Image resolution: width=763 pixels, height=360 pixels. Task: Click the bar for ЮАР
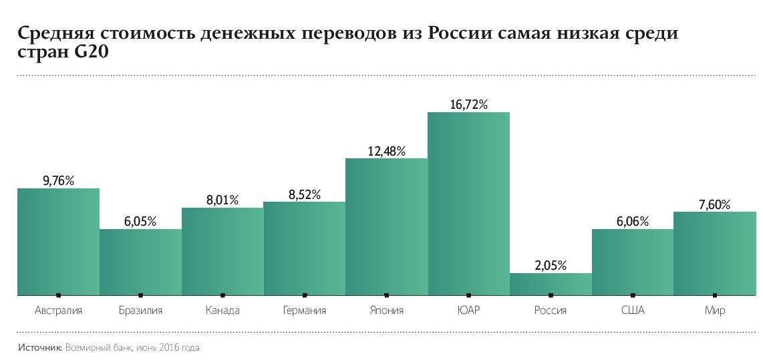[468, 203]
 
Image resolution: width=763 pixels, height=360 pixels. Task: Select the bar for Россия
[551, 284]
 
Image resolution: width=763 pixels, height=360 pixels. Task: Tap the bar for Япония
[386, 226]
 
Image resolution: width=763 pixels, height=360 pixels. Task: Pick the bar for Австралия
[58, 241]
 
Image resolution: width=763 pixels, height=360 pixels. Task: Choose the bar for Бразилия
[140, 262]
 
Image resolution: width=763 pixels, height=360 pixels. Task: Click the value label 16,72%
[468, 104]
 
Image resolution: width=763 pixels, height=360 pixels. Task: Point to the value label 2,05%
[551, 265]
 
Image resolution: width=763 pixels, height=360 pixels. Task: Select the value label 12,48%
[386, 151]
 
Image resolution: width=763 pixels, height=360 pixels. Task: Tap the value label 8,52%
[304, 194]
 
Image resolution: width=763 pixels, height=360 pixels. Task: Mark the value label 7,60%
[714, 204]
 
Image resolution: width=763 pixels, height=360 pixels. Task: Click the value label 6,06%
[632, 222]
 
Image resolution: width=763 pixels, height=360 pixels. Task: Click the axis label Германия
[304, 311]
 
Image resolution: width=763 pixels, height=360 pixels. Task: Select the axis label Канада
[222, 311]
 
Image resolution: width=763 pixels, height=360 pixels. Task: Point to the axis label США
[632, 311]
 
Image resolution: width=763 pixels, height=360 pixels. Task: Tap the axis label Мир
[714, 311]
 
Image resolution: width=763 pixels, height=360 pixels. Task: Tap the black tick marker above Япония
[386, 295]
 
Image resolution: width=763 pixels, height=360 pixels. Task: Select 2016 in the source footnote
[170, 348]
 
